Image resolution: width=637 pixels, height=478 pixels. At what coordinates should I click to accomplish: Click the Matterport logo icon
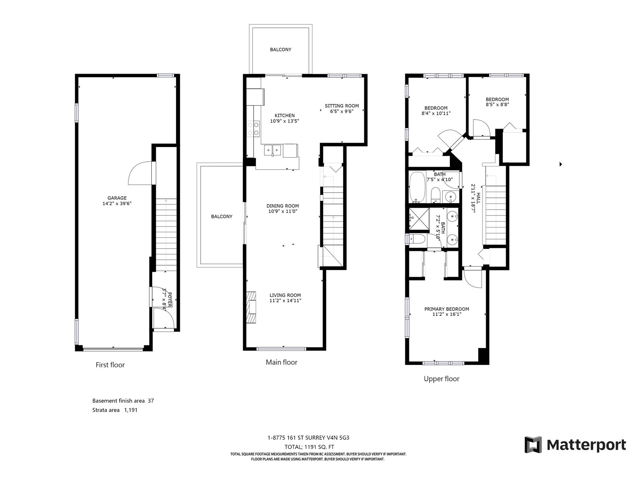tap(533, 445)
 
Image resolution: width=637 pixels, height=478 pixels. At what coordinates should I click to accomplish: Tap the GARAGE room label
tap(117, 198)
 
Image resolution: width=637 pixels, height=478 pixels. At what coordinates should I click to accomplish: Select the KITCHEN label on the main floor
tap(284, 116)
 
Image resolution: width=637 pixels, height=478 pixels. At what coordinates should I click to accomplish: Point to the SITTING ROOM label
tap(342, 106)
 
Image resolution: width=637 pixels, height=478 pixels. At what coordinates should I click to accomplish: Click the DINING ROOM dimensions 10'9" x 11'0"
tap(283, 211)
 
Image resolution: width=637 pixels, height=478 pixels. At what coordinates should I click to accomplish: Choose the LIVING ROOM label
tap(285, 295)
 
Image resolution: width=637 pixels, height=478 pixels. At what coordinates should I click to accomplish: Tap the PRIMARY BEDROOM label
tap(447, 309)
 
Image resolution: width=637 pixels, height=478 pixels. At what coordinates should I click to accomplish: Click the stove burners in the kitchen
tap(253, 129)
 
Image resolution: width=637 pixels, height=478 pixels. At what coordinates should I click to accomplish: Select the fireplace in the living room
tap(251, 308)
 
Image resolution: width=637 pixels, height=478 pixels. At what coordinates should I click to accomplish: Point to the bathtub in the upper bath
tap(417, 187)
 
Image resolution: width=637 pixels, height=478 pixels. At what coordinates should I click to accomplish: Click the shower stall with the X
tap(419, 219)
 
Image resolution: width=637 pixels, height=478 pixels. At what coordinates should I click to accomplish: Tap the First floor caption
tap(110, 365)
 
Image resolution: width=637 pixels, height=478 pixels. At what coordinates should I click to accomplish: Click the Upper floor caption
tap(442, 379)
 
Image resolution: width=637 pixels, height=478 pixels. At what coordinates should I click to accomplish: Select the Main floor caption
tap(281, 362)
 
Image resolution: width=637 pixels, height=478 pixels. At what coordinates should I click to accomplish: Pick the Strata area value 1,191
tap(131, 410)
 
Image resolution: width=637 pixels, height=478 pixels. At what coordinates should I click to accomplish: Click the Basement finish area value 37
tap(151, 401)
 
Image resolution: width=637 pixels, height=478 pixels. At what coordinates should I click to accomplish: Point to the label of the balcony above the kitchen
tap(281, 50)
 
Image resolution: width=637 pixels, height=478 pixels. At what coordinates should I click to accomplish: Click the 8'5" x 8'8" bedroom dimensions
tap(497, 104)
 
